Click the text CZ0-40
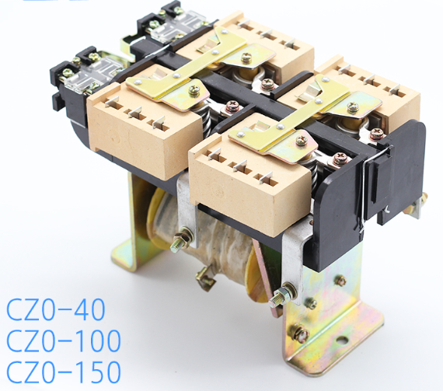(x=56, y=309)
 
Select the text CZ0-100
(x=64, y=340)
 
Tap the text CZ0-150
(x=64, y=372)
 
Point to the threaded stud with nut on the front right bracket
(x=283, y=295)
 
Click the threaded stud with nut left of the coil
(x=182, y=239)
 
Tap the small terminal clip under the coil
(x=206, y=278)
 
